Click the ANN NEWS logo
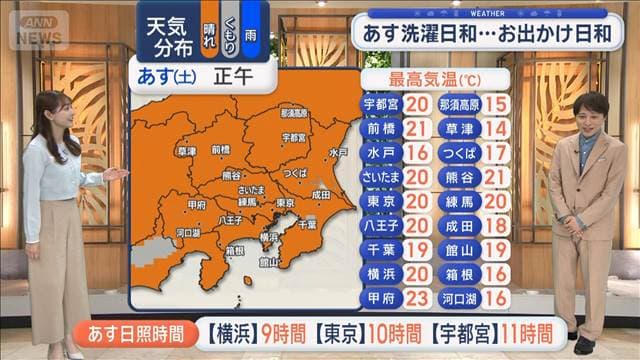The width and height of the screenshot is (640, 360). click(x=38, y=29)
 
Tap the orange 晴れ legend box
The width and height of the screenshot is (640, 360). click(x=208, y=29)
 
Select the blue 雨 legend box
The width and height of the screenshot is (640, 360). click(x=250, y=29)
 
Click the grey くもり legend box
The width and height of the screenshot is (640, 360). click(x=229, y=29)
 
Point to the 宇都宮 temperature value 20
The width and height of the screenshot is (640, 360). click(x=420, y=104)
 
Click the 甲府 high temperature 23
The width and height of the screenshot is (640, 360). click(x=420, y=299)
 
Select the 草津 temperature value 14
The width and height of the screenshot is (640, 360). click(x=494, y=128)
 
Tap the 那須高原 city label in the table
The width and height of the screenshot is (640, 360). click(x=457, y=104)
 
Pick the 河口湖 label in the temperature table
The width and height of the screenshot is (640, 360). click(x=457, y=299)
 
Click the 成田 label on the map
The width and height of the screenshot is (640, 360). click(x=320, y=195)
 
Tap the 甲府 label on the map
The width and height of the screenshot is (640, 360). click(x=197, y=204)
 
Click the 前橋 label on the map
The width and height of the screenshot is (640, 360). click(x=221, y=149)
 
